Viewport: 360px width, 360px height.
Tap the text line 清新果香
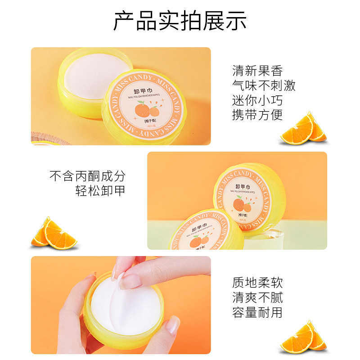coord(257,71)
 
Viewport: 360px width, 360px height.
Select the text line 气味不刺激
coord(264,85)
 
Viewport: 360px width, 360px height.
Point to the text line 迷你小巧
coord(257,100)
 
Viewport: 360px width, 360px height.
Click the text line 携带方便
coord(257,115)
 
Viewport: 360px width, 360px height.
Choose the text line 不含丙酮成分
coord(87,175)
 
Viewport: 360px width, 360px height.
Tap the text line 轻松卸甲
coord(100,190)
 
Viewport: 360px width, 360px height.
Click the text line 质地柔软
coord(257,283)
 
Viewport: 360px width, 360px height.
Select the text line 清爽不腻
coord(257,297)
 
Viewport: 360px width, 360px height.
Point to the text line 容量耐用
coord(257,312)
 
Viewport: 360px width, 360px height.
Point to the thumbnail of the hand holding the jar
coord(121,305)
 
